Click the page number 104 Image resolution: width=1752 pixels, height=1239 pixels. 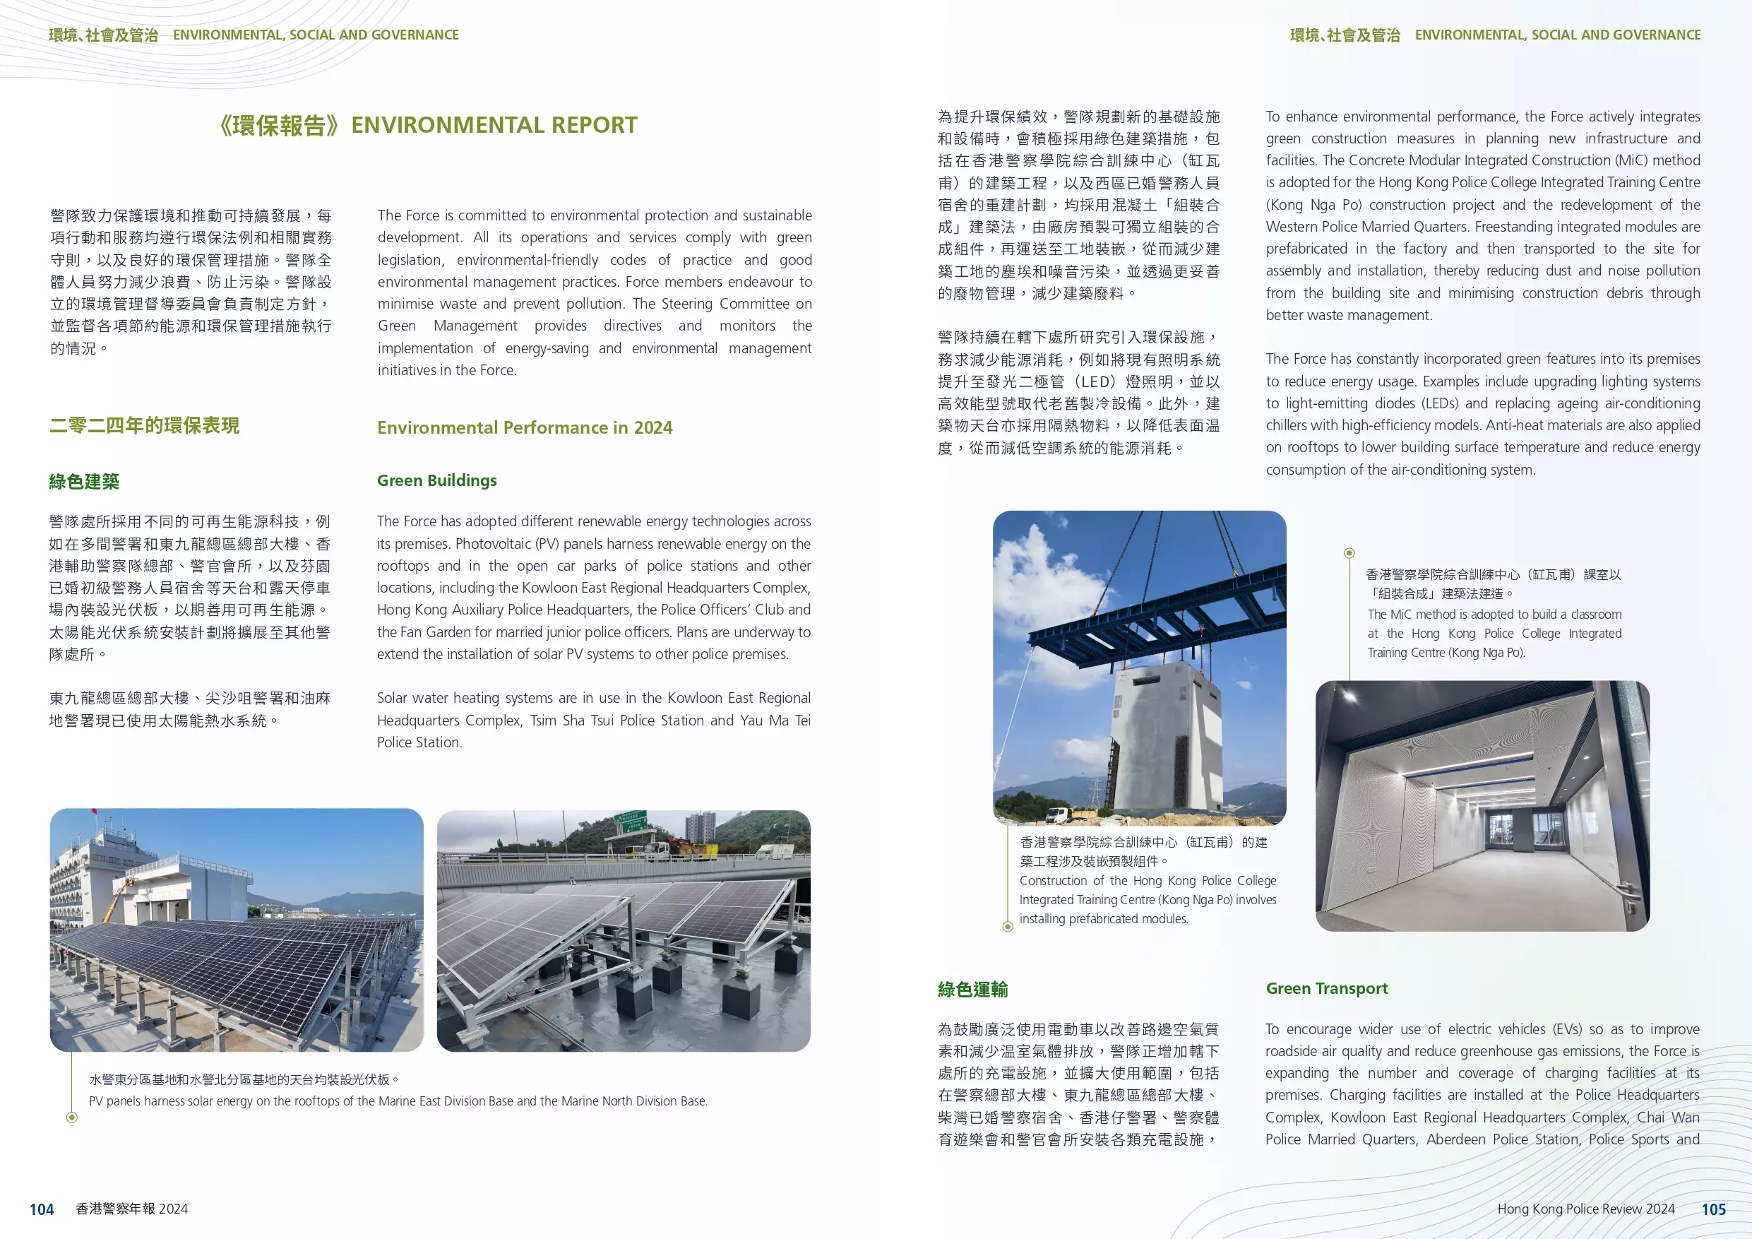tap(41, 1209)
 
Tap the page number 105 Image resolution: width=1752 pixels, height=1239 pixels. tap(1713, 1209)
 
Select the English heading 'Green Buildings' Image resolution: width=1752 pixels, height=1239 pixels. tap(436, 480)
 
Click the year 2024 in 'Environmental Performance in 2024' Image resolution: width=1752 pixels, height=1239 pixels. tap(653, 427)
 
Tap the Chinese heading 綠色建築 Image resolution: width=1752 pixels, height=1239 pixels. tap(84, 482)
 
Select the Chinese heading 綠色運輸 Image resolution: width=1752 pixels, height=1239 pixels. tap(972, 990)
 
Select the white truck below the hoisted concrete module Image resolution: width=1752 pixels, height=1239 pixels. tap(1056, 814)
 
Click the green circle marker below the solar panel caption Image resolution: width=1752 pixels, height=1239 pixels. tap(72, 1118)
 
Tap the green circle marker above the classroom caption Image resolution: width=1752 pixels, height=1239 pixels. tap(1349, 552)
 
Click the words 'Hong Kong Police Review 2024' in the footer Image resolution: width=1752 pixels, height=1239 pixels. tap(1585, 1209)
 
